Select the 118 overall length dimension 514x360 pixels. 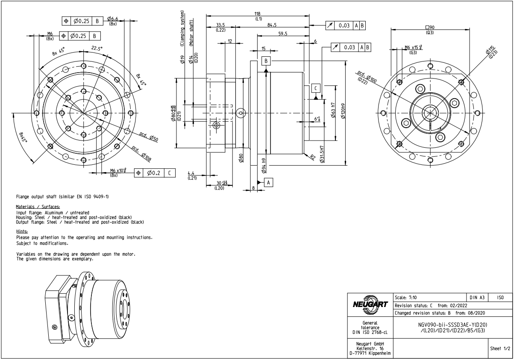258,14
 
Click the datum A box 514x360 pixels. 268,182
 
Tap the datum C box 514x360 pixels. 315,88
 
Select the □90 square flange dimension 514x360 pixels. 430,27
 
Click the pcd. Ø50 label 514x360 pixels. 149,137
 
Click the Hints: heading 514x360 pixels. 22,231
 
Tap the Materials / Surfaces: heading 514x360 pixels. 38,207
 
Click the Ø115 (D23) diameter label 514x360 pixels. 492,52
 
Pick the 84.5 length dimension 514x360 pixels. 271,25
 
